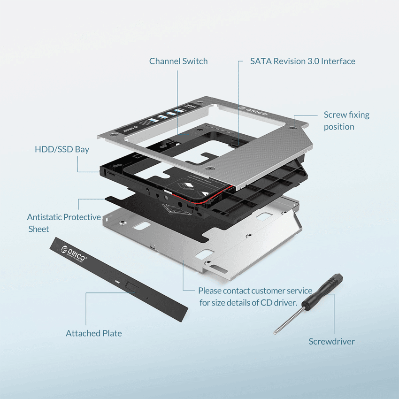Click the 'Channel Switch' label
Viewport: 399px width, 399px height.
[178, 61]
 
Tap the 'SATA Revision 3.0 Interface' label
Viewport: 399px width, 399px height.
[302, 61]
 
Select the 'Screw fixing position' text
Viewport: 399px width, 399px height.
[346, 121]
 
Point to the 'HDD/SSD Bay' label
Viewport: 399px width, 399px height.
[62, 149]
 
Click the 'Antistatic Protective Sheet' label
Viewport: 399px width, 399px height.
[63, 223]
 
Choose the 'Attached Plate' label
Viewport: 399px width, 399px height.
[93, 333]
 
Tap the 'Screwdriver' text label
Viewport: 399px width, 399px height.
[331, 341]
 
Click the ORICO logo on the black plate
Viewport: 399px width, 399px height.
[74, 254]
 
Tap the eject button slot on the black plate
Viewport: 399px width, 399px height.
[131, 285]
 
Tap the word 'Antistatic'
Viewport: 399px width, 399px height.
[44, 217]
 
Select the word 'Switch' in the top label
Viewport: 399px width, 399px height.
[194, 61]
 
